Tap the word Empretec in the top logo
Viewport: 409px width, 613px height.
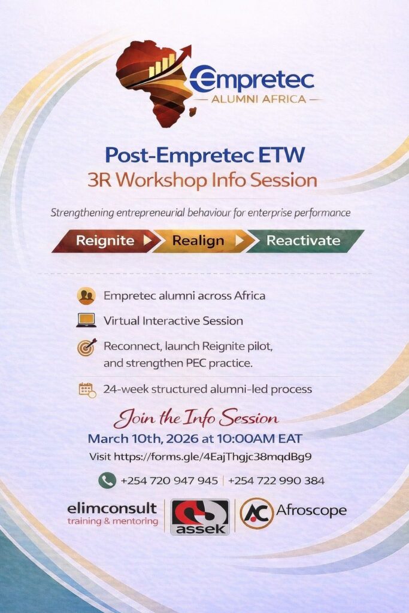252,78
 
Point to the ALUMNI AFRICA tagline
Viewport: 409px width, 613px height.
259,99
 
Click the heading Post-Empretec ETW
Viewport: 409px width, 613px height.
205,155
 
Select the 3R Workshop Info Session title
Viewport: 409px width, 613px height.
202,180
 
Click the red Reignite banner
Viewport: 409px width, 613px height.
105,241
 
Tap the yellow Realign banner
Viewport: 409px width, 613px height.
200,241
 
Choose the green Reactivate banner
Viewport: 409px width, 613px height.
304,241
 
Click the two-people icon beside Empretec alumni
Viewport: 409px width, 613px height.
86,296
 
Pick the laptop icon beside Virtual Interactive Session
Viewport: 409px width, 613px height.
86,320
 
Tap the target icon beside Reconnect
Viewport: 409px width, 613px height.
87,347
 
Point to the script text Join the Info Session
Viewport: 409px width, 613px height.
196,418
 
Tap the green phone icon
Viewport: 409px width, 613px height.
107,481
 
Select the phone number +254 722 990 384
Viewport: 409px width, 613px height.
276,481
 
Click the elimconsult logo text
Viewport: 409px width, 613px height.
112,509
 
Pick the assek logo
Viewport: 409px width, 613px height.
200,517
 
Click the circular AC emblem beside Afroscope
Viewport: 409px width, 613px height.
256,513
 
